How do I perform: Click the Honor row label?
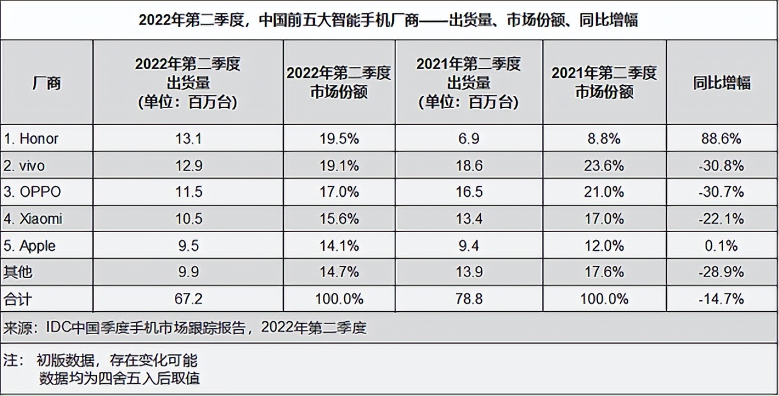pyautogui.click(x=32, y=138)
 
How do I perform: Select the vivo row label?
pyautogui.click(x=24, y=165)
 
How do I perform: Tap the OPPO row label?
pyautogui.click(x=33, y=192)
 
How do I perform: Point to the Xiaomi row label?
pyautogui.click(x=33, y=219)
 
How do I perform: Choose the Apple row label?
pyautogui.click(x=30, y=245)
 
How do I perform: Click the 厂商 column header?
pyautogui.click(x=46, y=83)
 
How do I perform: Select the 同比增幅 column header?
pyautogui.click(x=721, y=83)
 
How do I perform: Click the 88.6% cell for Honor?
pyautogui.click(x=721, y=138)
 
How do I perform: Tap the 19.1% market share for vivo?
pyautogui.click(x=338, y=165)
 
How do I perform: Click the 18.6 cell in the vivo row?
pyautogui.click(x=468, y=165)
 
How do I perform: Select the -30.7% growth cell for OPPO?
pyautogui.click(x=721, y=192)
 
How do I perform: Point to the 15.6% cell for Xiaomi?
pyautogui.click(x=338, y=219)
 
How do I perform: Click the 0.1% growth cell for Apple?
pyautogui.click(x=721, y=245)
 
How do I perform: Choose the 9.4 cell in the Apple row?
pyautogui.click(x=468, y=245)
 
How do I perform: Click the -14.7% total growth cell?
pyautogui.click(x=721, y=299)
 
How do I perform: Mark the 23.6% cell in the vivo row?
pyautogui.click(x=603, y=165)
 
